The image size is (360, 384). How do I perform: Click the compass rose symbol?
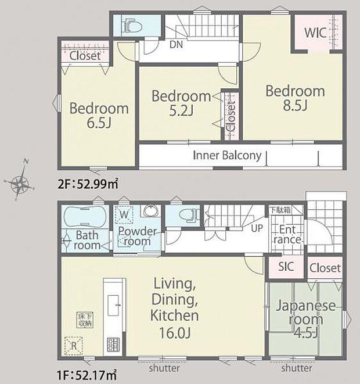coord(21,184)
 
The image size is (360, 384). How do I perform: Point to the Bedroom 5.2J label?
coord(181,103)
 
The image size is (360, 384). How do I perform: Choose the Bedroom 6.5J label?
coord(99,116)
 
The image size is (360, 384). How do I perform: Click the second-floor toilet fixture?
coord(132,25)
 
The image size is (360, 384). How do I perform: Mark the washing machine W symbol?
coord(124,214)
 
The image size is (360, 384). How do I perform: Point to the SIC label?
coord(286,267)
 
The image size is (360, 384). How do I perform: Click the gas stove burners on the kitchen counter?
coord(112,344)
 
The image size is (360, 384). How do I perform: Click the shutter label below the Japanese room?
coord(297,368)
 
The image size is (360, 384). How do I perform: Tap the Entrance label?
coord(286,234)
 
